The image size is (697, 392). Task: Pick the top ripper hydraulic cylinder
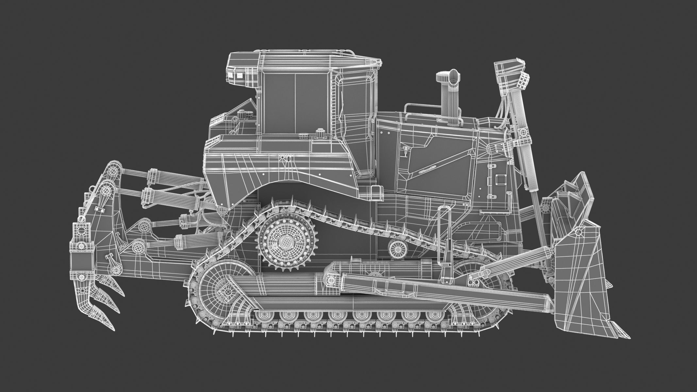click(x=170, y=178)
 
